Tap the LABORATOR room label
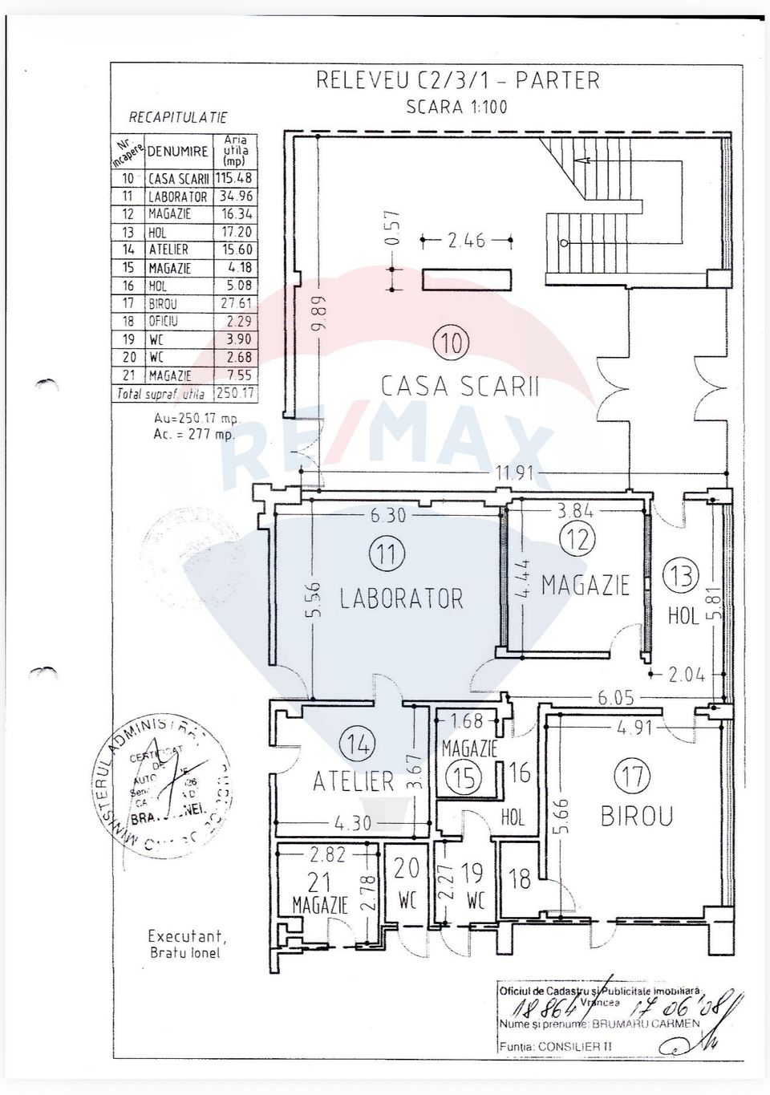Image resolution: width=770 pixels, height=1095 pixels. (401, 598)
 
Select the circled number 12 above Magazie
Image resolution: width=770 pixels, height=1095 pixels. (577, 540)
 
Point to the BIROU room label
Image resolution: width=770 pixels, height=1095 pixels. (637, 817)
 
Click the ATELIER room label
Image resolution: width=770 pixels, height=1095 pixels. (353, 781)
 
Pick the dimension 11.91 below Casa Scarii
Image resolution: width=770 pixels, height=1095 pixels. (514, 473)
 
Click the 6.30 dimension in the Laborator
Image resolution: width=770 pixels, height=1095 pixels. (387, 517)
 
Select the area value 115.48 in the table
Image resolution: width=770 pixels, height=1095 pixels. (236, 179)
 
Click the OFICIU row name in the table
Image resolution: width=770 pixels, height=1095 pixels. (163, 321)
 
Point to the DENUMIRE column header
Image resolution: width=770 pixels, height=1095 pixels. (177, 151)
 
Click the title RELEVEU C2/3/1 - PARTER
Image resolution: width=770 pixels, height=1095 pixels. (458, 80)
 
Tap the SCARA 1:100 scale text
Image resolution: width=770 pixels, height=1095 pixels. (457, 107)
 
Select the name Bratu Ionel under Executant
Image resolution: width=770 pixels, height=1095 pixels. (184, 953)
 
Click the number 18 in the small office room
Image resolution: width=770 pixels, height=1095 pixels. (520, 878)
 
